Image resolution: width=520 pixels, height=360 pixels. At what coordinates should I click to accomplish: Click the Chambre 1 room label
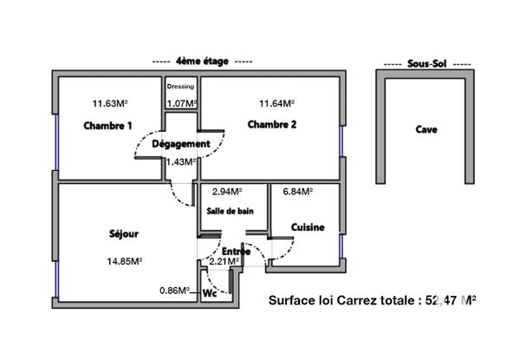(108, 126)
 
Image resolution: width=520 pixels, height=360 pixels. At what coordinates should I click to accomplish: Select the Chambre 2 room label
(272, 125)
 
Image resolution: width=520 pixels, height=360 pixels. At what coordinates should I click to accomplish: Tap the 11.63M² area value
(108, 104)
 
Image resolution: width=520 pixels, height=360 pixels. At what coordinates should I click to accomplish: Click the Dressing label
(180, 87)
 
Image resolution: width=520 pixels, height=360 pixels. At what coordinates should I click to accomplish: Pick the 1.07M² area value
(181, 104)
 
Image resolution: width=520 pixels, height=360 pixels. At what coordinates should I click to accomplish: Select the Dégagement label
(181, 144)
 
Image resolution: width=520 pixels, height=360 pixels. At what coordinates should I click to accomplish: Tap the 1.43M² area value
(181, 161)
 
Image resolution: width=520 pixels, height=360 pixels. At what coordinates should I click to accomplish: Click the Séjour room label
(125, 233)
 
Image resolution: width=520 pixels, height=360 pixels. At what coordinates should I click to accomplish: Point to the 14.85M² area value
(125, 261)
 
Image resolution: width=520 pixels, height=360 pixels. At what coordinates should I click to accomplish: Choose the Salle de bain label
(230, 211)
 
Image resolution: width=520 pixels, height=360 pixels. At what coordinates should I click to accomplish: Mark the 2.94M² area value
(227, 192)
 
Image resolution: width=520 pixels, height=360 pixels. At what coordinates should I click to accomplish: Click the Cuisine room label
(308, 227)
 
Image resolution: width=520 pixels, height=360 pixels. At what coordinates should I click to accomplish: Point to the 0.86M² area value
(175, 291)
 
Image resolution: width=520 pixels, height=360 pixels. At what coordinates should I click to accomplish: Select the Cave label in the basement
(426, 130)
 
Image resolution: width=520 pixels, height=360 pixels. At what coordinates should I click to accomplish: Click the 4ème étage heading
(202, 62)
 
